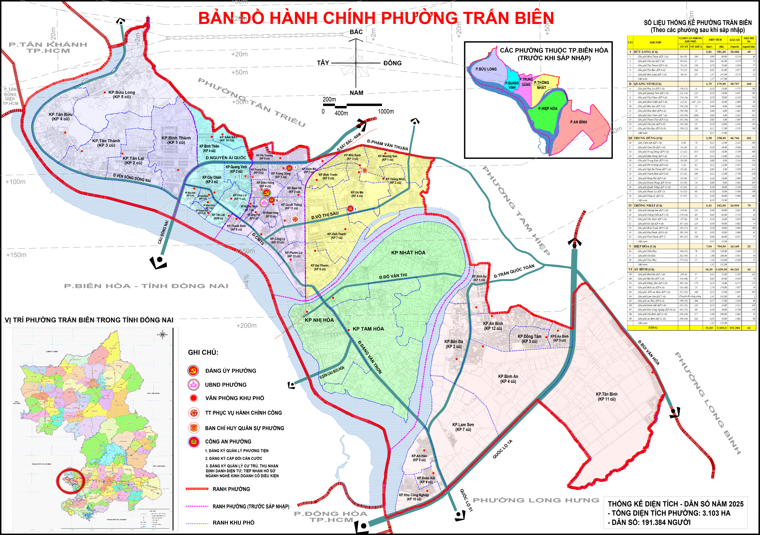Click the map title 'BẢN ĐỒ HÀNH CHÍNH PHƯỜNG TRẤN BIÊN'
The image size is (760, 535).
(376, 18)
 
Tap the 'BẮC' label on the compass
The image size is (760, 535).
(356, 32)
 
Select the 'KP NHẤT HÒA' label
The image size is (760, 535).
(408, 253)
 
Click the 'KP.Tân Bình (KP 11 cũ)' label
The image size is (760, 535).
(606, 397)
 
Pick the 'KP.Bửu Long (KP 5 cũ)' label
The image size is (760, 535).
(122, 94)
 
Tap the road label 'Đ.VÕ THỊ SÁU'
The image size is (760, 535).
(325, 215)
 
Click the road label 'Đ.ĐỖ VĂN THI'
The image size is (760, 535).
(393, 276)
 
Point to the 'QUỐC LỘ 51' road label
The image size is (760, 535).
(466, 500)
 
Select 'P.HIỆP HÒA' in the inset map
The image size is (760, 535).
(547, 108)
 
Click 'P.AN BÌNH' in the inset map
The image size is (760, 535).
(579, 122)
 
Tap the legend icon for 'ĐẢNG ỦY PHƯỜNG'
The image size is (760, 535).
(193, 371)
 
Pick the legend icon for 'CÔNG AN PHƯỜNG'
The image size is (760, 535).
(193, 441)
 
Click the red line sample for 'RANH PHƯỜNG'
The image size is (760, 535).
(197, 489)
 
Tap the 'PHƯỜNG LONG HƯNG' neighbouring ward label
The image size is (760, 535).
(536, 500)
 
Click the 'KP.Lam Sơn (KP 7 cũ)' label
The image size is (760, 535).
(463, 427)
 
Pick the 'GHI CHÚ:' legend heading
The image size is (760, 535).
(203, 353)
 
